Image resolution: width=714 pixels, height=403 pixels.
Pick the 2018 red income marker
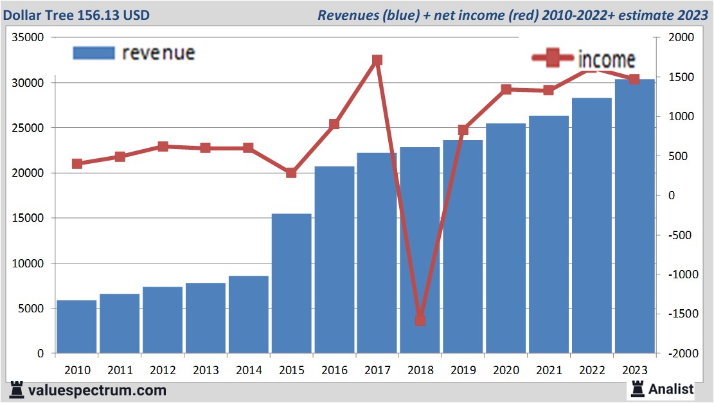pos(420,319)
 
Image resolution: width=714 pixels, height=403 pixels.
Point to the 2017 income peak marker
pos(377,60)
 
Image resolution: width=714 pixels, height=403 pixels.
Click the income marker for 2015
pos(291,172)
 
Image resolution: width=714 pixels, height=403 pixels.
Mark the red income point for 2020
pos(506,89)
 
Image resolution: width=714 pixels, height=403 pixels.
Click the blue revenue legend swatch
pos(94,53)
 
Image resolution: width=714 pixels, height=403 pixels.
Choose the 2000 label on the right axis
pos(682,38)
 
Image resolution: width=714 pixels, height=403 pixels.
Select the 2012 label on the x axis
pos(163,370)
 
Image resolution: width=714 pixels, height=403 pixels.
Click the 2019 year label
pos(463,370)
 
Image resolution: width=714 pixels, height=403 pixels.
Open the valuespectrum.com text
pos(96,390)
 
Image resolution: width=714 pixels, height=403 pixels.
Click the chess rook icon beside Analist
pos(638,388)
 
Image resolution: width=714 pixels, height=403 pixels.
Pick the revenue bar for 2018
pos(420,250)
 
